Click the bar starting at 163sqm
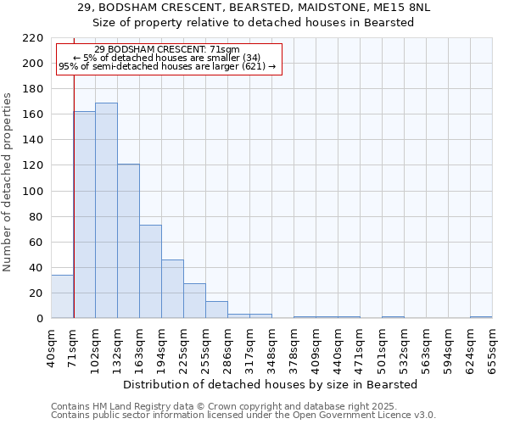[x=150, y=271]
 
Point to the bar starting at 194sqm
[x=172, y=289]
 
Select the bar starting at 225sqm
[x=194, y=301]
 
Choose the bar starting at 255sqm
[x=216, y=310]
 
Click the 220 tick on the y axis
[x=33, y=38]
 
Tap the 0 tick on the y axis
[x=40, y=319]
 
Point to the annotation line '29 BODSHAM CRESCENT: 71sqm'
[x=167, y=50]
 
